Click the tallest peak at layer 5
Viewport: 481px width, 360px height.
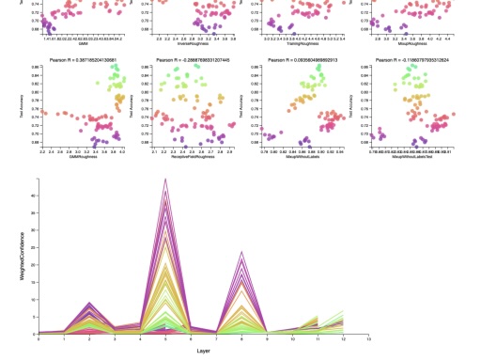click(165, 180)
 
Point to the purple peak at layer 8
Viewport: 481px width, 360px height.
click(242, 253)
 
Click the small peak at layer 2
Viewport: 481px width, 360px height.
click(89, 304)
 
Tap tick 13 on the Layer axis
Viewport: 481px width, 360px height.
click(369, 339)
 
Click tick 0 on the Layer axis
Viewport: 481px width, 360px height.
click(39, 339)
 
